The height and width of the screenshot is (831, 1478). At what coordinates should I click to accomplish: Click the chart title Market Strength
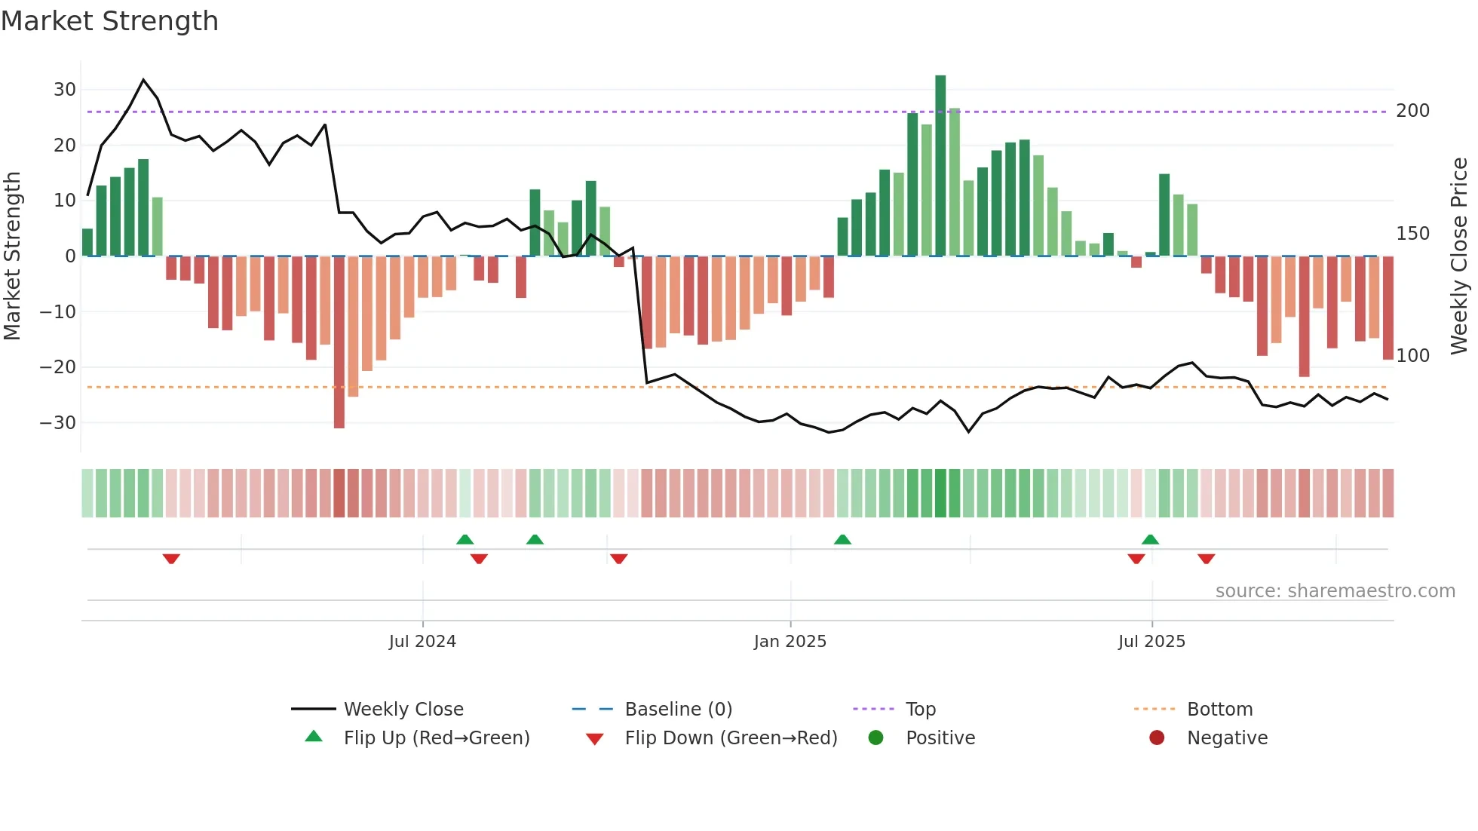coord(109,21)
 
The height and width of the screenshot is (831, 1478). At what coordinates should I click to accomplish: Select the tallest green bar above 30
coord(940,166)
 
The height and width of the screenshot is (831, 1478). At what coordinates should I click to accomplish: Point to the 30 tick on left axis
coord(65,90)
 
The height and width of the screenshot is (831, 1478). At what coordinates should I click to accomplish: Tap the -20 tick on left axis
coord(59,367)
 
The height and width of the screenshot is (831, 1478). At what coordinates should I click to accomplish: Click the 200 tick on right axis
coord(1412,111)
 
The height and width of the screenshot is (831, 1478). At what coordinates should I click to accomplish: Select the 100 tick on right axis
coord(1412,355)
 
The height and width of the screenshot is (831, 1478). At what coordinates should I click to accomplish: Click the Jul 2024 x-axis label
coord(422,642)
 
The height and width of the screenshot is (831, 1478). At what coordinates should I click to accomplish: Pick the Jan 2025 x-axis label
coord(790,642)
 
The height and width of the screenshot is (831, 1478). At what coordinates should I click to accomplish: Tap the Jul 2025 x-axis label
coord(1151,642)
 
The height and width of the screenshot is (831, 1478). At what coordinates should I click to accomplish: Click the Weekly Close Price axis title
coord(1459,256)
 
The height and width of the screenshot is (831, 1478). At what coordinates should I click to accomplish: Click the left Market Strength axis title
coord(12,256)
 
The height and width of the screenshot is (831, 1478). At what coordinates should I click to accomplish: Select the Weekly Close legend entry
coord(403,710)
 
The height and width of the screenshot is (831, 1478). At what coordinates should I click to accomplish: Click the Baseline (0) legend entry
coord(678,710)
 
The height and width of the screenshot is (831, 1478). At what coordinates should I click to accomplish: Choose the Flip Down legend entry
coord(730,738)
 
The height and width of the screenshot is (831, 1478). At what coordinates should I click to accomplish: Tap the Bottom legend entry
coord(1219,710)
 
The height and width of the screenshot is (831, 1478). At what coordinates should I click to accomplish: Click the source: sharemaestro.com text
coord(1335,591)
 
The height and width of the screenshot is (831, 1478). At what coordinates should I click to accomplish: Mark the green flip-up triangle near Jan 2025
coord(842,539)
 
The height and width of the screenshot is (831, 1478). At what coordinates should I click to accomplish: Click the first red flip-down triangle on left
coord(171,559)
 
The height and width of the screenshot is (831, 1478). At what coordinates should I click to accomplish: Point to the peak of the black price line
coord(144,80)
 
